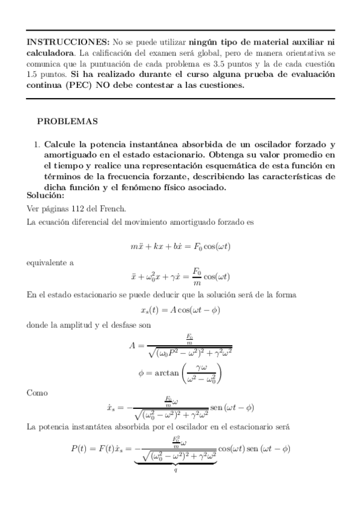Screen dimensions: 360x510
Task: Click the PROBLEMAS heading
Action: click(67, 121)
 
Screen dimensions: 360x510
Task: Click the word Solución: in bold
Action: click(45, 196)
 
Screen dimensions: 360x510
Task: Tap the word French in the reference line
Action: click(114, 209)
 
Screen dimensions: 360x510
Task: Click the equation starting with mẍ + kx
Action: click(180, 247)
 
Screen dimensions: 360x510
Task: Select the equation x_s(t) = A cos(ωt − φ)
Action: click(180, 309)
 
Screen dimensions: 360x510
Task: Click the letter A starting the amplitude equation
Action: click(133, 346)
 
